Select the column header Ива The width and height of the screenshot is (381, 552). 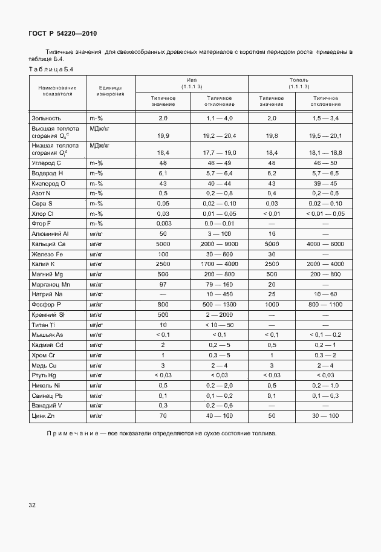tap(192, 80)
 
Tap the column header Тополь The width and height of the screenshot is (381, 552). tap(299, 80)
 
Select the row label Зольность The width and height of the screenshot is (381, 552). tap(47, 118)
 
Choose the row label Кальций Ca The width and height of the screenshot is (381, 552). tap(48, 244)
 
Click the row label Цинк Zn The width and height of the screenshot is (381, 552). tap(44, 417)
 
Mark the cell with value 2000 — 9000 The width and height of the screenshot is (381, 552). tap(220, 244)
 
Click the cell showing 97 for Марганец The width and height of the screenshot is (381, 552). tap(163, 284)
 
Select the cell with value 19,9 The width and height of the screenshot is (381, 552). tap(163, 136)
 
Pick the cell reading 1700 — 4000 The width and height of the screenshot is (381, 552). tap(220, 264)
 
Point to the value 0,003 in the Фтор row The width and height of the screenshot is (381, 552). tap(163, 223)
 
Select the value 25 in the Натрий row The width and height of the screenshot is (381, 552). tap(272, 294)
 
